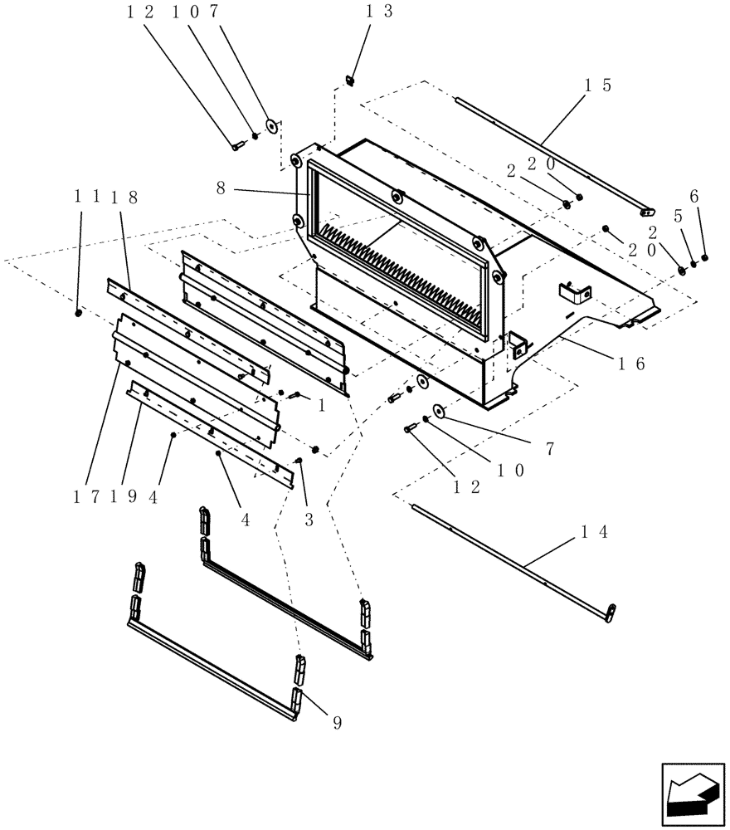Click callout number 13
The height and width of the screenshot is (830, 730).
point(378,11)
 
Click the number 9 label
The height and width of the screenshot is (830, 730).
point(336,723)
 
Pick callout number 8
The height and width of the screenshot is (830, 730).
point(221,188)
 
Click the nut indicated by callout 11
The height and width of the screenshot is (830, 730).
point(77,313)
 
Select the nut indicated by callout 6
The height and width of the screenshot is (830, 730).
point(704,257)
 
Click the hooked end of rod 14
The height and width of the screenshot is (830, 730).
point(610,613)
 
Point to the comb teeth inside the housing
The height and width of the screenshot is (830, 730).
point(390,266)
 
